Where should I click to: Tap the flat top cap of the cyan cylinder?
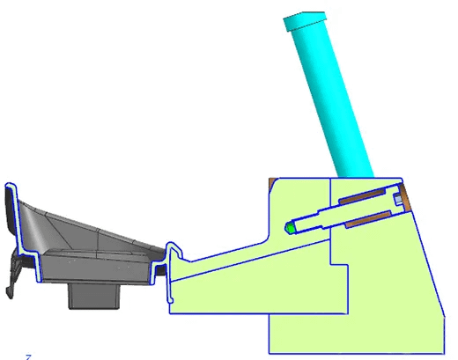click(x=305, y=17)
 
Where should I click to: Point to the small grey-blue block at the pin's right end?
click(x=397, y=202)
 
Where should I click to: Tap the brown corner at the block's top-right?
click(x=406, y=187)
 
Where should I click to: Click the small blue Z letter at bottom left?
click(x=28, y=356)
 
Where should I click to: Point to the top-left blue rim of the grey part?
click(x=11, y=187)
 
